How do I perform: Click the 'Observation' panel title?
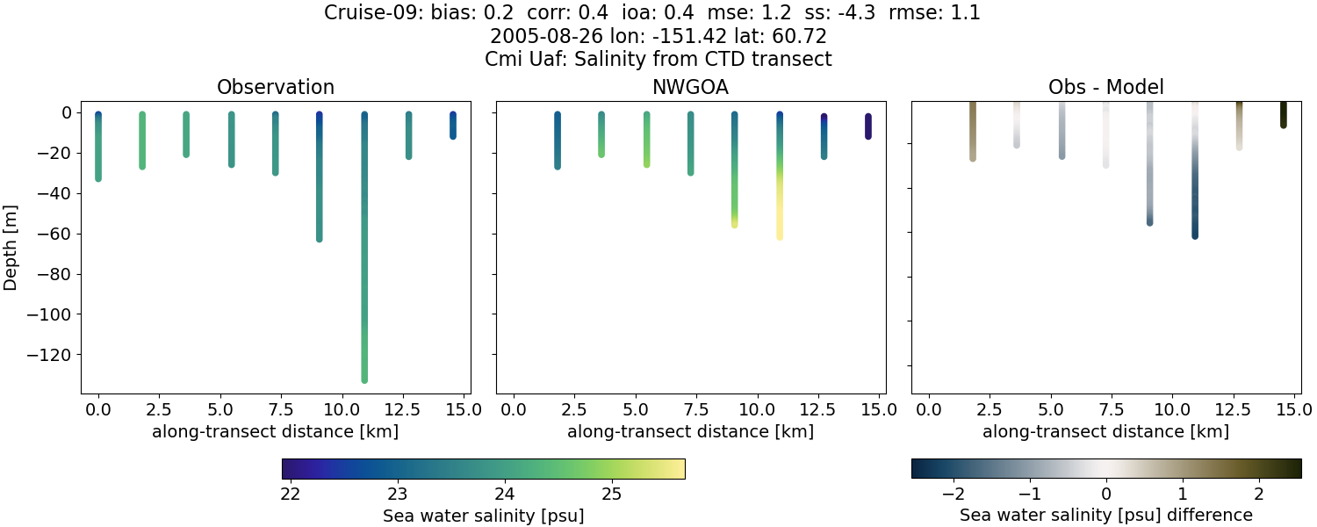click(275, 88)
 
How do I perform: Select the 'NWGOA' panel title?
click(690, 88)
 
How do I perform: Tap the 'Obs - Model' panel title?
click(1105, 88)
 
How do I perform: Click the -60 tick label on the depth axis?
click(55, 234)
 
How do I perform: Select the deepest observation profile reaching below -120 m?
click(364, 263)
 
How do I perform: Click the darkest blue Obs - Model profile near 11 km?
click(1195, 193)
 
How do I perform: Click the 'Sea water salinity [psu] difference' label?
click(1106, 516)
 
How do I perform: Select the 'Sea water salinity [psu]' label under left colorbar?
click(483, 516)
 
